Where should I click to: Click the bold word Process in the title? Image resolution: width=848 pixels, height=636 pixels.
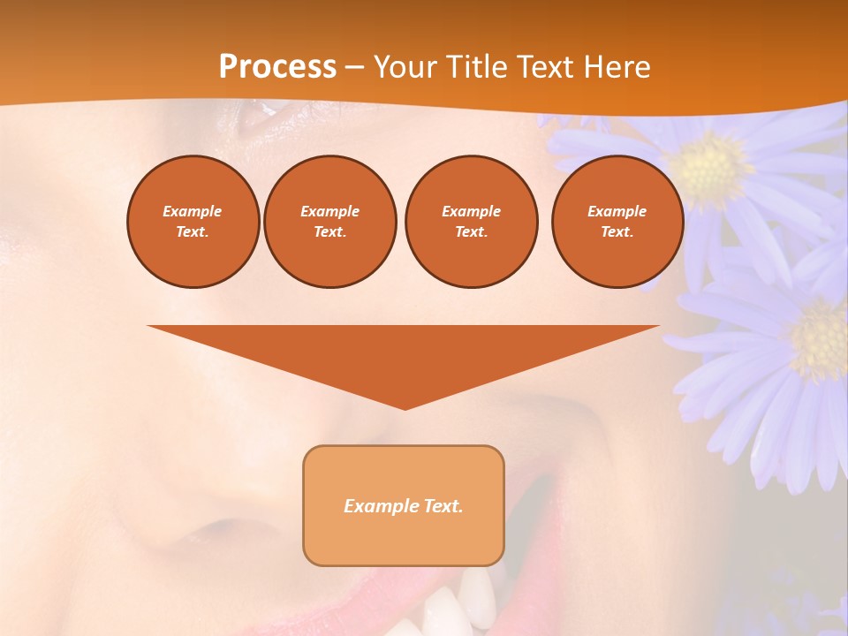coord(277,67)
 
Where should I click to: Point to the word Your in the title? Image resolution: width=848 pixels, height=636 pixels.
coord(405,67)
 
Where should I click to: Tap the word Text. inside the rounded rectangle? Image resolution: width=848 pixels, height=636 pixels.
coord(442,506)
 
